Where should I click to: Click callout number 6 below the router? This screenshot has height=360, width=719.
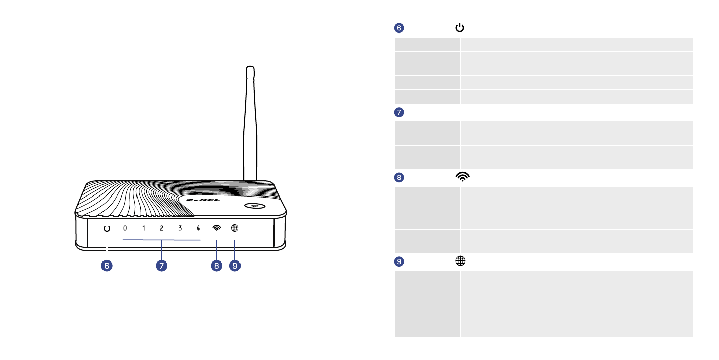pos(107,265)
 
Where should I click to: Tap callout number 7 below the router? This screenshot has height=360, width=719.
pos(162,265)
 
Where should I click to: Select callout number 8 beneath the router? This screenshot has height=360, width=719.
pos(217,265)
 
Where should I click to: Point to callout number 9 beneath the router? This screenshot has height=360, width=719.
pos(235,265)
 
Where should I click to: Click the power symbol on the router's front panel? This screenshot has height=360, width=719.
pos(107,228)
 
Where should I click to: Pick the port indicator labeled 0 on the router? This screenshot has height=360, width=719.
pos(125,228)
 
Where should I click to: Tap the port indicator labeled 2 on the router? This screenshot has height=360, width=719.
pos(162,228)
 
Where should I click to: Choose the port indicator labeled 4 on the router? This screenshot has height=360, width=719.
pos(198,228)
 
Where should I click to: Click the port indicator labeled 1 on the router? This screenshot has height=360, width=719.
pos(144,228)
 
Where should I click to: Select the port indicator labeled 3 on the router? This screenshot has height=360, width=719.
pos(180,228)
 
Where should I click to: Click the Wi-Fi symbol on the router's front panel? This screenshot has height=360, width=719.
pos(217,228)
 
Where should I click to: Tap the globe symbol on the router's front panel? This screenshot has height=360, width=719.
pos(235,228)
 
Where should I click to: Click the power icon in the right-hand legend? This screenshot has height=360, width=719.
pos(459,28)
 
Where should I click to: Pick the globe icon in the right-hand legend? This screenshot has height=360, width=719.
pos(460,261)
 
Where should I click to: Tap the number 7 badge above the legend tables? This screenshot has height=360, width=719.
pos(399,112)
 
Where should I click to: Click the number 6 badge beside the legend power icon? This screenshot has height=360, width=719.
pos(399,28)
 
